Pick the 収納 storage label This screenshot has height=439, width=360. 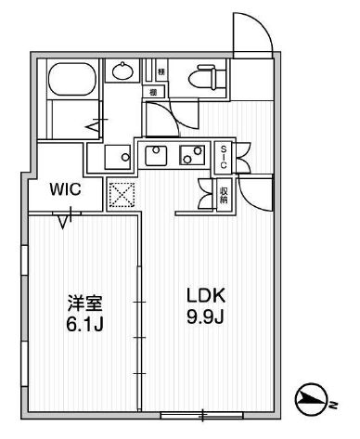224,194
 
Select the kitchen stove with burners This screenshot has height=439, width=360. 192,155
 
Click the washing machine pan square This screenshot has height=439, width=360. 115,155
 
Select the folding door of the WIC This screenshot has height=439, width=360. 65,220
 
